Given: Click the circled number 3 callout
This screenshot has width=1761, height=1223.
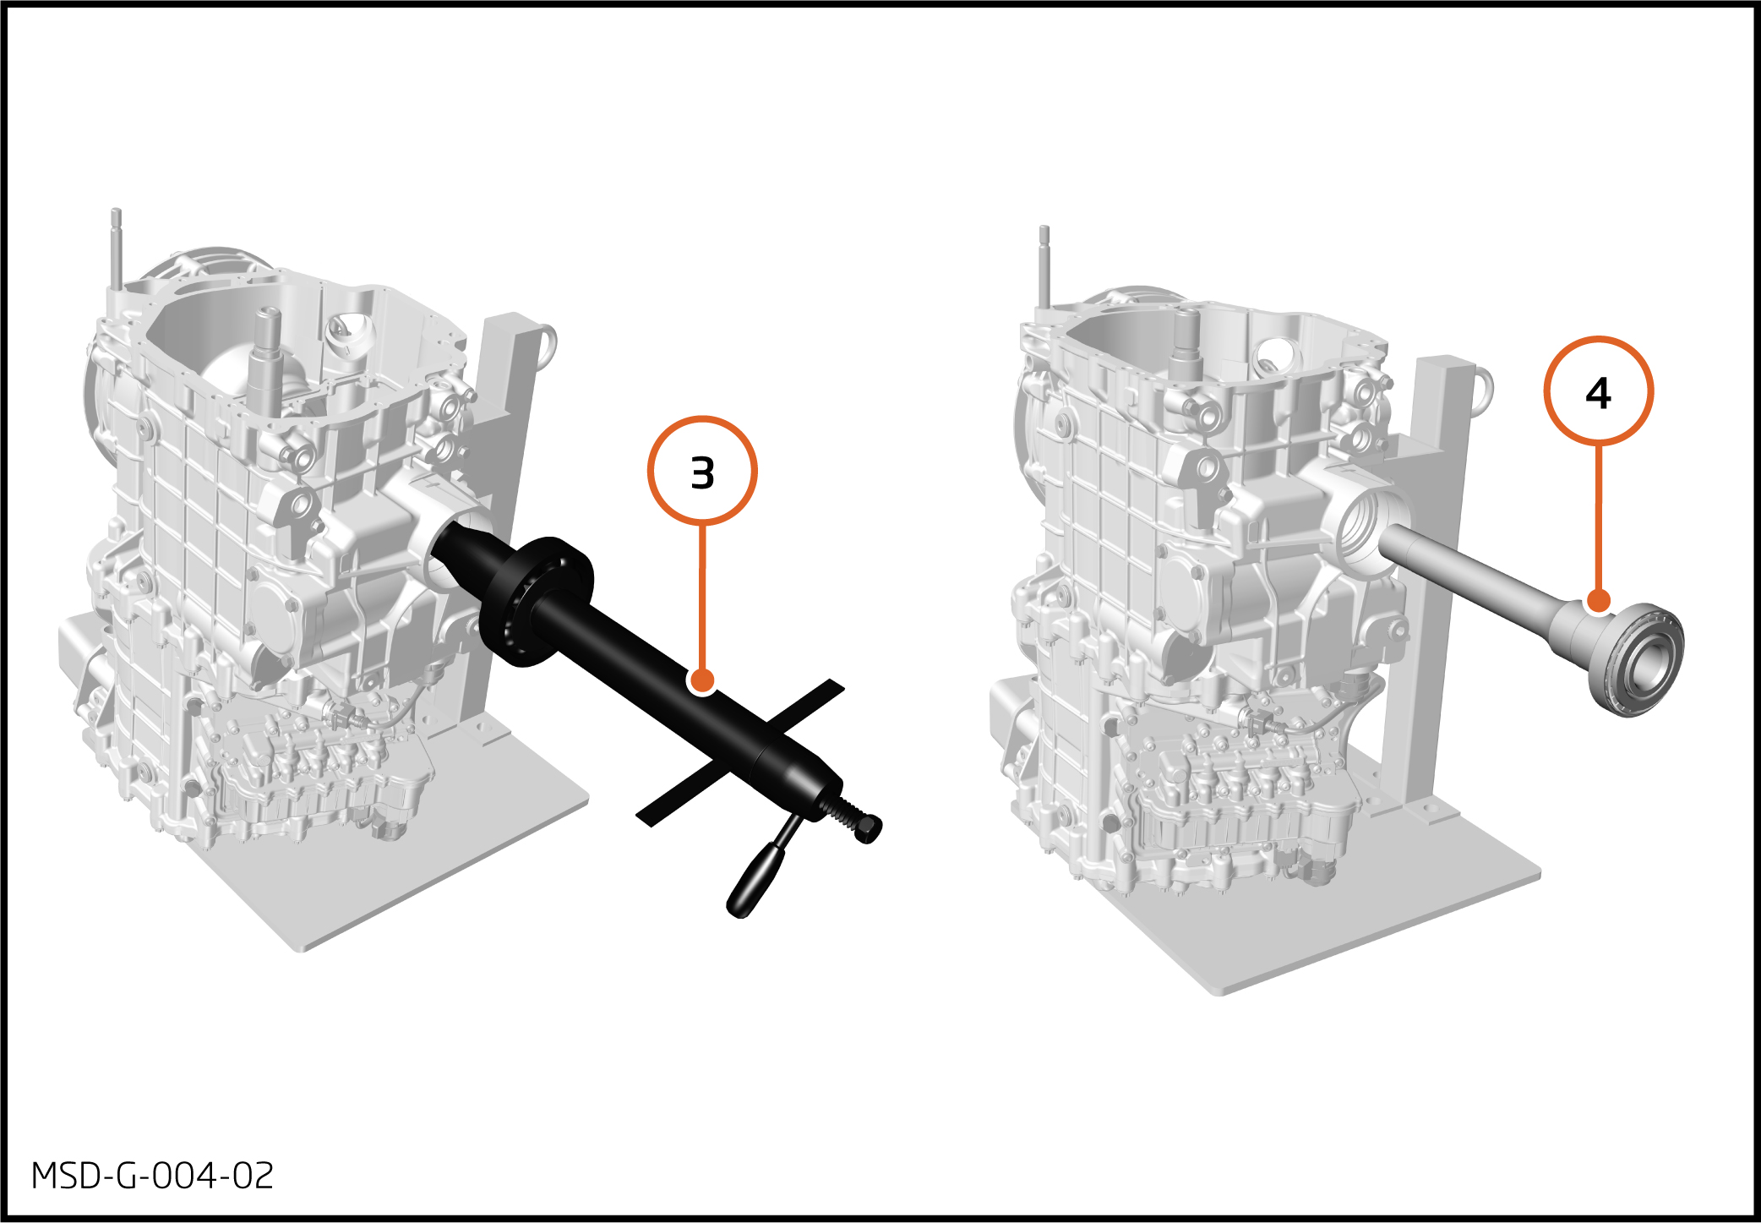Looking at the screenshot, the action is (702, 471).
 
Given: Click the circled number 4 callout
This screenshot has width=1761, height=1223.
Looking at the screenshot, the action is (1598, 391).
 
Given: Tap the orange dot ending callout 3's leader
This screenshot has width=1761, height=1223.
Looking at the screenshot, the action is (701, 680).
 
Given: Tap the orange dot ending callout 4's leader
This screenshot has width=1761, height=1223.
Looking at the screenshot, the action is (1598, 601).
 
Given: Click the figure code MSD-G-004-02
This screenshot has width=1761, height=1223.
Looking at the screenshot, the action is (153, 1176).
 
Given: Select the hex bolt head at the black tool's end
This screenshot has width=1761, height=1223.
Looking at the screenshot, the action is (868, 828).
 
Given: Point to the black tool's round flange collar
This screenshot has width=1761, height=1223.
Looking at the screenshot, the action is (536, 601).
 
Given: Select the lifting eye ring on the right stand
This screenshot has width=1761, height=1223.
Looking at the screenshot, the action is (1483, 390).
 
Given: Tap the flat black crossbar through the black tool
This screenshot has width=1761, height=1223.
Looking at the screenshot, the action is (740, 752).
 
